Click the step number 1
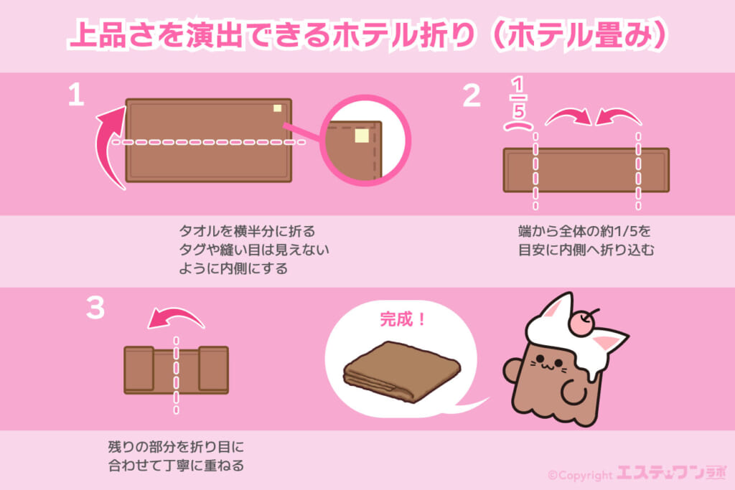click(76, 95)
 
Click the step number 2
click(472, 95)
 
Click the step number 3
click(95, 308)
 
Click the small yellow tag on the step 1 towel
click(278, 108)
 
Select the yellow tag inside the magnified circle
click(362, 136)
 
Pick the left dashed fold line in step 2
click(535, 171)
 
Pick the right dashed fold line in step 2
click(638, 171)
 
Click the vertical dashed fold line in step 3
click(177, 375)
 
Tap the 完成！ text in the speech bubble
click(403, 319)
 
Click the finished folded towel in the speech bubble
click(402, 372)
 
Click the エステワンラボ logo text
click(671, 473)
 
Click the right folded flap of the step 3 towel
click(213, 368)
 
